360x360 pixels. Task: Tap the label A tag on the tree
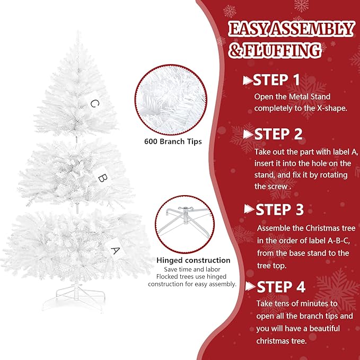(x=116, y=248)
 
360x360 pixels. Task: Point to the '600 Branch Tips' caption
(x=173, y=142)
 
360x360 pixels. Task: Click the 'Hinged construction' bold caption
(x=193, y=260)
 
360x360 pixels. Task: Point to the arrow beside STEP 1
(x=247, y=81)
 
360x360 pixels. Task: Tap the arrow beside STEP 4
(x=250, y=287)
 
